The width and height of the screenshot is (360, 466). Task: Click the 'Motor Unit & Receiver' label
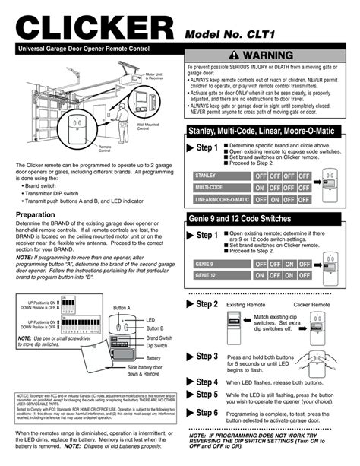[x=156, y=76]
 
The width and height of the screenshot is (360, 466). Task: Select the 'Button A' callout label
[x=122, y=306]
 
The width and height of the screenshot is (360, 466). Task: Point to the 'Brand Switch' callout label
[x=159, y=337]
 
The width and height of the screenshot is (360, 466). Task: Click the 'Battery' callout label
[x=153, y=357]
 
